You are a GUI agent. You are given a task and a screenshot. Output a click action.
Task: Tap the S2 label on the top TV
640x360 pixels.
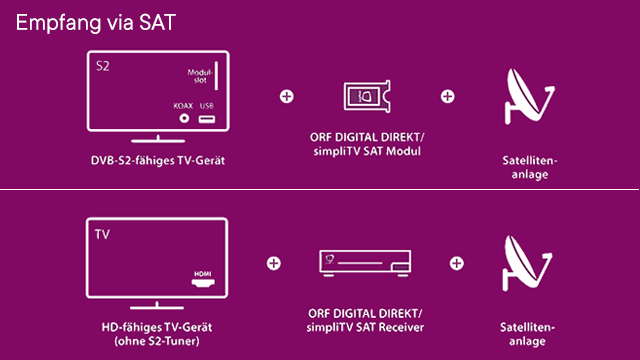tap(102, 66)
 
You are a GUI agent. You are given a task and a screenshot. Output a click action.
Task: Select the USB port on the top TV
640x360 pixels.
tap(207, 119)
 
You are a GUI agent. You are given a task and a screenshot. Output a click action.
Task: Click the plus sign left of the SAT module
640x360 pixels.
tap(287, 97)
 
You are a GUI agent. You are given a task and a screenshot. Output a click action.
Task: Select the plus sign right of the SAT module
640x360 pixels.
tap(447, 97)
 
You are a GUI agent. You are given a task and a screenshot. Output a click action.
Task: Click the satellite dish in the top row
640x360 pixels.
tap(527, 98)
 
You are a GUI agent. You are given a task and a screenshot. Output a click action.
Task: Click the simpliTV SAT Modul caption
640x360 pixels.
tap(367, 151)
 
